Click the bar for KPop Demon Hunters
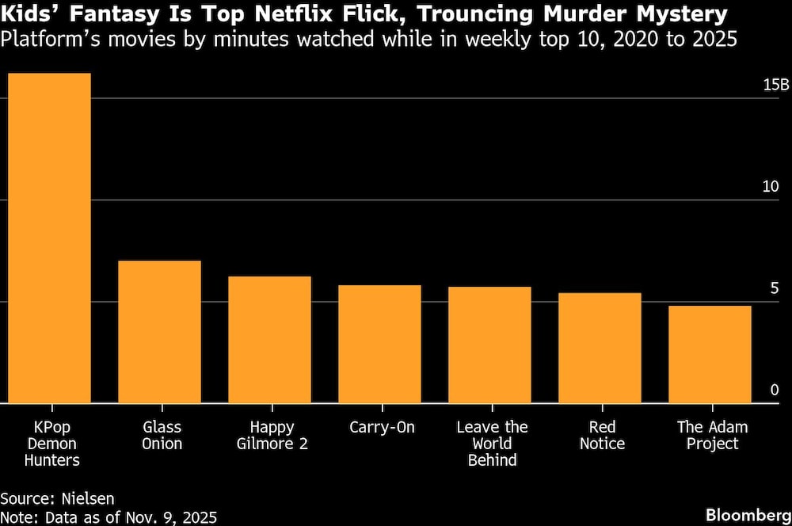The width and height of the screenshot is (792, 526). [49, 238]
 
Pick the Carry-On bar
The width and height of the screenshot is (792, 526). [379, 344]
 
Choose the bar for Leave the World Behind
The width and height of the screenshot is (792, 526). [489, 345]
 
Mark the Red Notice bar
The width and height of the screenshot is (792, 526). [600, 348]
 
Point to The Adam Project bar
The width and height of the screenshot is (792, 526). [710, 354]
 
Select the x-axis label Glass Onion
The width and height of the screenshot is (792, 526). [162, 436]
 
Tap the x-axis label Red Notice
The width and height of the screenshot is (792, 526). [602, 436]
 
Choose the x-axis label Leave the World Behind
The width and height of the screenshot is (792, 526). [492, 444]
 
